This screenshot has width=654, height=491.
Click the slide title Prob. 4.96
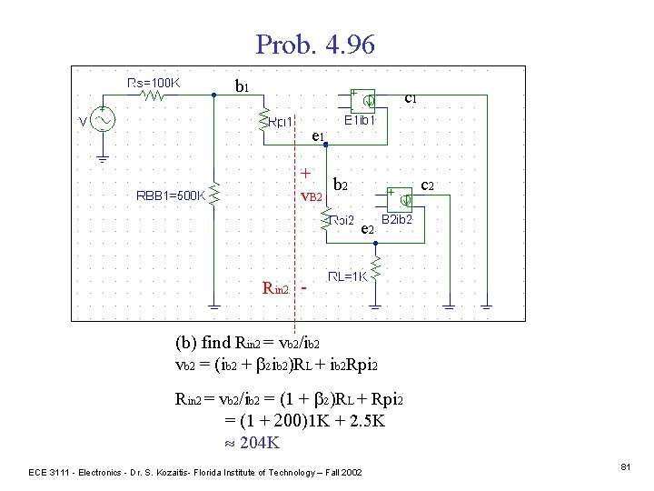314,44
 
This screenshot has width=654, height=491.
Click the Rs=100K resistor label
154,82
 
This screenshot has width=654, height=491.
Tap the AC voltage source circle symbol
102,120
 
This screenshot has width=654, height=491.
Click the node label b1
242,87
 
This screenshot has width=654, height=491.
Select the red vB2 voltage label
311,195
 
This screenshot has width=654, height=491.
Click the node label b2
342,184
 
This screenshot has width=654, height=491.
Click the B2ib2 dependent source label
397,219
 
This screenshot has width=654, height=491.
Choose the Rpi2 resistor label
342,219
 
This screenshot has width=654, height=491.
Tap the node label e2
366,229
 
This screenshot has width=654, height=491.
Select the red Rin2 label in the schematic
275,289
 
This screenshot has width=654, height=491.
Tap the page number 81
625,466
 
